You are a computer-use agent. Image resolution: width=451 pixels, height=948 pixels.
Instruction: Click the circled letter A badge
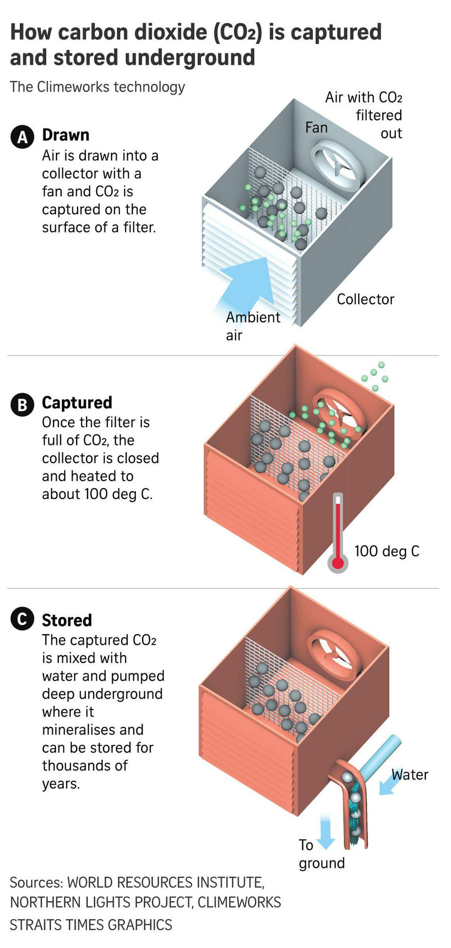[22, 137]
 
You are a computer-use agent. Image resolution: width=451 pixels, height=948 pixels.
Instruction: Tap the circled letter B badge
[22, 405]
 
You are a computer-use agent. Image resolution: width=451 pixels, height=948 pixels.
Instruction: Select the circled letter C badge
[22, 619]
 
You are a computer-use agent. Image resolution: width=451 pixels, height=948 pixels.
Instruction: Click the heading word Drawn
[66, 135]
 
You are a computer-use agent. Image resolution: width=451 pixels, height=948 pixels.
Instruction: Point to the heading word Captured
[77, 403]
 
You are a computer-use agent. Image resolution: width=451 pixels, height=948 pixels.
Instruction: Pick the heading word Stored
[67, 620]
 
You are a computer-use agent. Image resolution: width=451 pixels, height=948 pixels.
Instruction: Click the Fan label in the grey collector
[316, 128]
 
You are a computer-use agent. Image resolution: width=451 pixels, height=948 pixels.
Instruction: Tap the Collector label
[366, 299]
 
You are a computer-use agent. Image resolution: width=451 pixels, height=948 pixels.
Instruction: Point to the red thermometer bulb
[337, 563]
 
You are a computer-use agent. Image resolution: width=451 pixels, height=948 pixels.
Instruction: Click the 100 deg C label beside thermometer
[387, 551]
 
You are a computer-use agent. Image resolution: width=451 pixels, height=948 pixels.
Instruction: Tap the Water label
[410, 775]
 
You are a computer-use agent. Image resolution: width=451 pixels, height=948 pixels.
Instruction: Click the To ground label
[321, 854]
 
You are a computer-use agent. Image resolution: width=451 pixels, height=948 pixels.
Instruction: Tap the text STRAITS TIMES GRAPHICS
[91, 925]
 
